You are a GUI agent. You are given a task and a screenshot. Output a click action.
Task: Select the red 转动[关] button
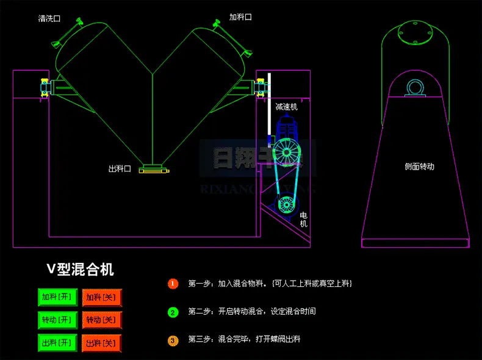(x=102, y=320)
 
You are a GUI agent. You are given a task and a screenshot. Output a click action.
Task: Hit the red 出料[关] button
(x=102, y=342)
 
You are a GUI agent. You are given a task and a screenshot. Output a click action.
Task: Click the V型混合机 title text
(x=81, y=269)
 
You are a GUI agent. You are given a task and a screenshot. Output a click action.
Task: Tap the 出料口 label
(x=120, y=169)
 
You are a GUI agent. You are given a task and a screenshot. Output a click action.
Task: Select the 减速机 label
(x=286, y=107)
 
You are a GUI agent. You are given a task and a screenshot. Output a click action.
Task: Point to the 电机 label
(x=303, y=220)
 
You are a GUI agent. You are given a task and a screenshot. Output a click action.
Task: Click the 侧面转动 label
(x=419, y=166)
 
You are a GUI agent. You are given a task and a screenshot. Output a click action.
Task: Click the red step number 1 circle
(x=173, y=284)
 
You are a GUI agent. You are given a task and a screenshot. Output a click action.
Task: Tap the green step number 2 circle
(x=173, y=312)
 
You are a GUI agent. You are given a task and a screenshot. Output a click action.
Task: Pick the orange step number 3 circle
(x=173, y=340)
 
